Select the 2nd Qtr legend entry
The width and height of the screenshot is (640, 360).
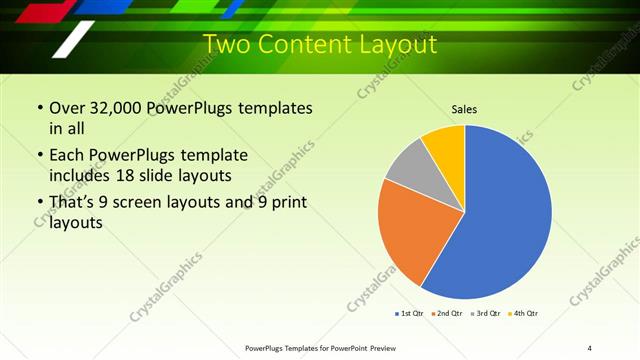click(447, 314)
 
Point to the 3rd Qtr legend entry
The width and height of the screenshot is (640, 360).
click(486, 314)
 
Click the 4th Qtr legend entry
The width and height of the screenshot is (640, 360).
click(524, 314)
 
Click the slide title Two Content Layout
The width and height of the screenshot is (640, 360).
click(320, 44)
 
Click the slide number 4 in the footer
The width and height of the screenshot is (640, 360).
click(589, 347)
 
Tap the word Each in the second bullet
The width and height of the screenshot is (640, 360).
click(67, 155)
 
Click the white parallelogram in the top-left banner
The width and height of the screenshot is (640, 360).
click(74, 39)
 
